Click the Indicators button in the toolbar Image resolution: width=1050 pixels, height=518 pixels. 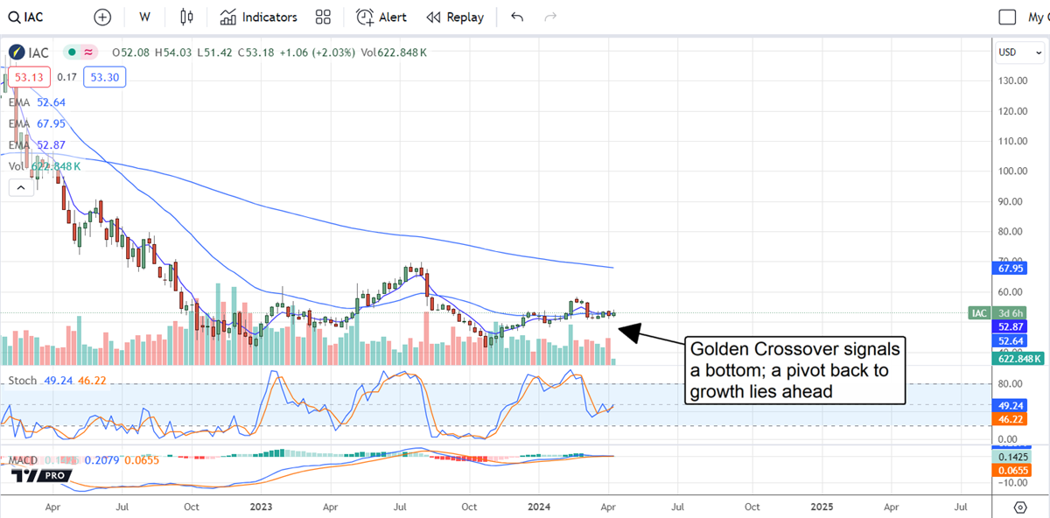pyautogui.click(x=259, y=17)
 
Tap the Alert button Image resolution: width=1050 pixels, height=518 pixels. pyautogui.click(x=381, y=17)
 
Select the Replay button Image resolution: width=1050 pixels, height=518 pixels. pyautogui.click(x=455, y=17)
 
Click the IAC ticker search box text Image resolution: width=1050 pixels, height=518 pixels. pyautogui.click(x=34, y=17)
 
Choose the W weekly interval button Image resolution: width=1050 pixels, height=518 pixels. pyautogui.click(x=144, y=17)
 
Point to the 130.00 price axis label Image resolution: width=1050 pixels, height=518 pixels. pyautogui.click(x=1013, y=80)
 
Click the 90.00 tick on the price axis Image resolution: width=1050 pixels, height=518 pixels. pyautogui.click(x=1011, y=201)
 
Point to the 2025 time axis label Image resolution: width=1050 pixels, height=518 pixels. pyautogui.click(x=821, y=506)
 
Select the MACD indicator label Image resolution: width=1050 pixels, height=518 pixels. pyautogui.click(x=24, y=459)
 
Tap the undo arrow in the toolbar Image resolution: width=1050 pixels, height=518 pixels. pyautogui.click(x=517, y=17)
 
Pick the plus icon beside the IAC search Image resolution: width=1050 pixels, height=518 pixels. pyautogui.click(x=102, y=17)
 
